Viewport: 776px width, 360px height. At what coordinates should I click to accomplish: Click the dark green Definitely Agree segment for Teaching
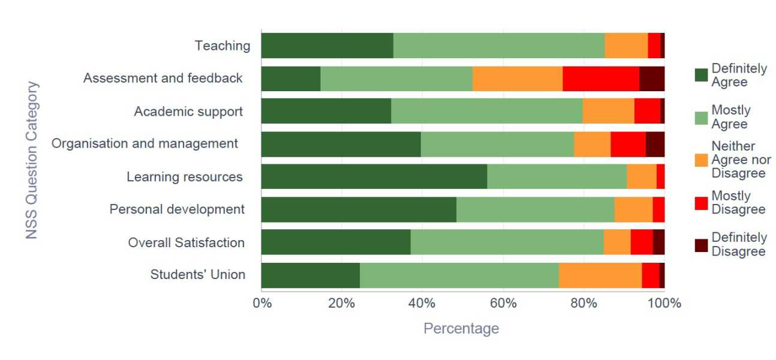pyautogui.click(x=327, y=46)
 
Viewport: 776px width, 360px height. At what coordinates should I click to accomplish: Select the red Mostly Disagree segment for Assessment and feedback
pyautogui.click(x=601, y=79)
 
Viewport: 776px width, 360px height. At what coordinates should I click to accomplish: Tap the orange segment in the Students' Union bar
pyautogui.click(x=600, y=275)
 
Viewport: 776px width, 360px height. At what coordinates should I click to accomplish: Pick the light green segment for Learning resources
pyautogui.click(x=557, y=177)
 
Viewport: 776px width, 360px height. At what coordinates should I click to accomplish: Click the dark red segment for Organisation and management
pyautogui.click(x=655, y=144)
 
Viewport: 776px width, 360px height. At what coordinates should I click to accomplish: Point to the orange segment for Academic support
pyautogui.click(x=608, y=111)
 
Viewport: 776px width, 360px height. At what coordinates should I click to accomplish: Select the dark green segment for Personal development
pyautogui.click(x=359, y=209)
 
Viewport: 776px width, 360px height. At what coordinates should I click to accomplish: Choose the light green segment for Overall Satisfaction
pyautogui.click(x=507, y=242)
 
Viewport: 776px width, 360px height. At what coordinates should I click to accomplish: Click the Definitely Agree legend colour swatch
pyautogui.click(x=700, y=75)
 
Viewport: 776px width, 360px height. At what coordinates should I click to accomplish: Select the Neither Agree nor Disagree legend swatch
pyautogui.click(x=700, y=160)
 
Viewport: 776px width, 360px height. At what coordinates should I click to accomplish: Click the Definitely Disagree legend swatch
pyautogui.click(x=700, y=245)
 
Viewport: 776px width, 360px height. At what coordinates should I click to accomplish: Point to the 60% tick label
pyautogui.click(x=503, y=303)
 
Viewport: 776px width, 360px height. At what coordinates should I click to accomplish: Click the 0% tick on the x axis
pyautogui.click(x=261, y=303)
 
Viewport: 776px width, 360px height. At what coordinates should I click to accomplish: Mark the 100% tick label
pyautogui.click(x=664, y=303)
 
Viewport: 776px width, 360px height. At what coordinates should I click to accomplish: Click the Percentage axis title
pyautogui.click(x=461, y=328)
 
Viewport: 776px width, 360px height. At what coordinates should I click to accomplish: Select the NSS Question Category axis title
pyautogui.click(x=32, y=160)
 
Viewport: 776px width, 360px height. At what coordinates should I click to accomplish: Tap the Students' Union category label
pyautogui.click(x=197, y=275)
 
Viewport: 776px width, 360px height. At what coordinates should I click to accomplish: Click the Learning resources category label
pyautogui.click(x=184, y=177)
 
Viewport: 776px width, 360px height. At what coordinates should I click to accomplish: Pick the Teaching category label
pyautogui.click(x=222, y=46)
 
